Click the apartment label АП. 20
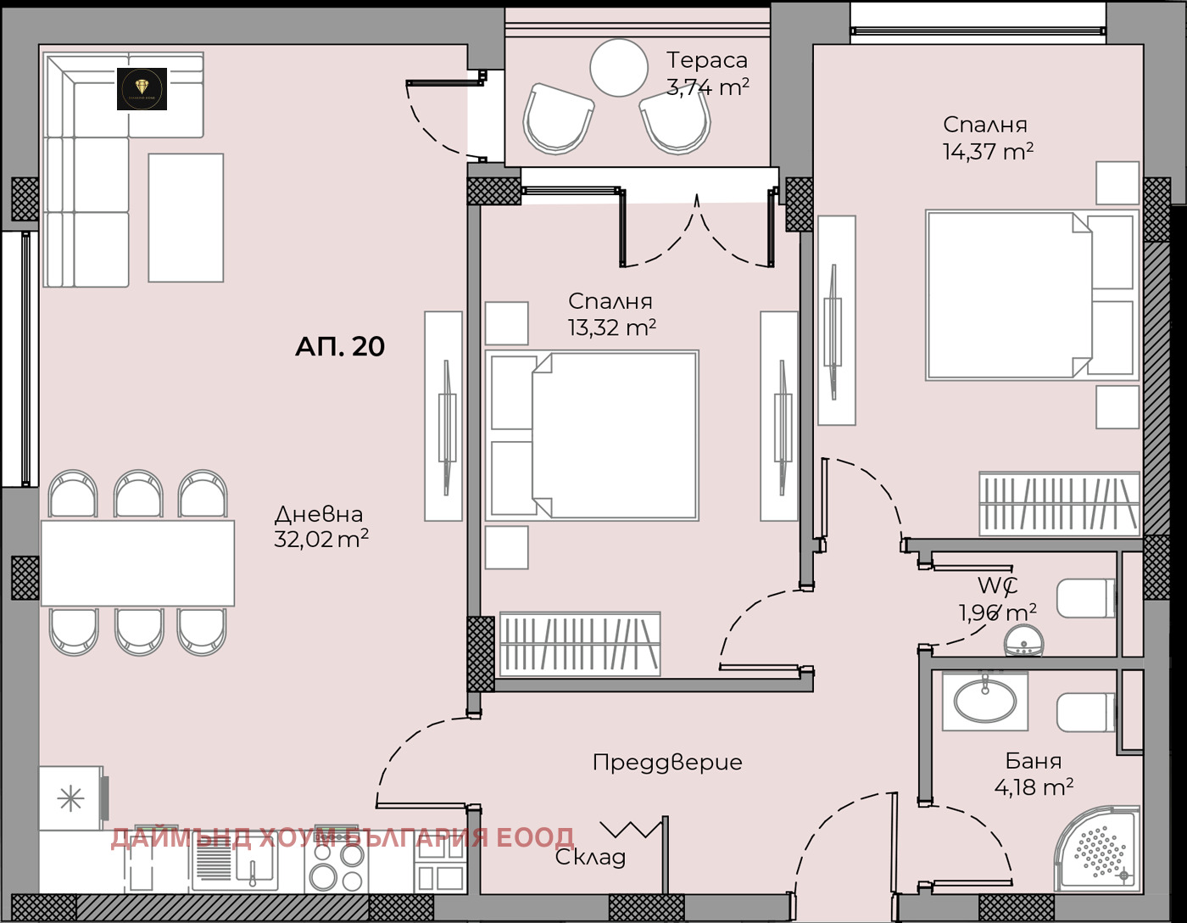[x=339, y=346]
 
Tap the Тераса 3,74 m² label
[x=707, y=74]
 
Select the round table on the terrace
[x=619, y=68]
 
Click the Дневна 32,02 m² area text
[x=320, y=527]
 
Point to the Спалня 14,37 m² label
[x=987, y=138]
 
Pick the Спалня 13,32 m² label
[x=611, y=315]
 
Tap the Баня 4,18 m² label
[x=1034, y=774]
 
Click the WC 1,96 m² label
[x=997, y=599]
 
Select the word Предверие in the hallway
[x=667, y=763]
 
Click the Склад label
[x=590, y=857]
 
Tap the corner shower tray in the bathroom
[x=1098, y=848]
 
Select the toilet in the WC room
[x=1086, y=599]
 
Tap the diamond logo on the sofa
[x=142, y=88]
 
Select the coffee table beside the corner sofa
[x=186, y=218]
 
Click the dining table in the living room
[x=137, y=563]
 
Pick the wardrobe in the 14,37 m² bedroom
[x=1059, y=504]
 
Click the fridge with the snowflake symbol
[x=70, y=798]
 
